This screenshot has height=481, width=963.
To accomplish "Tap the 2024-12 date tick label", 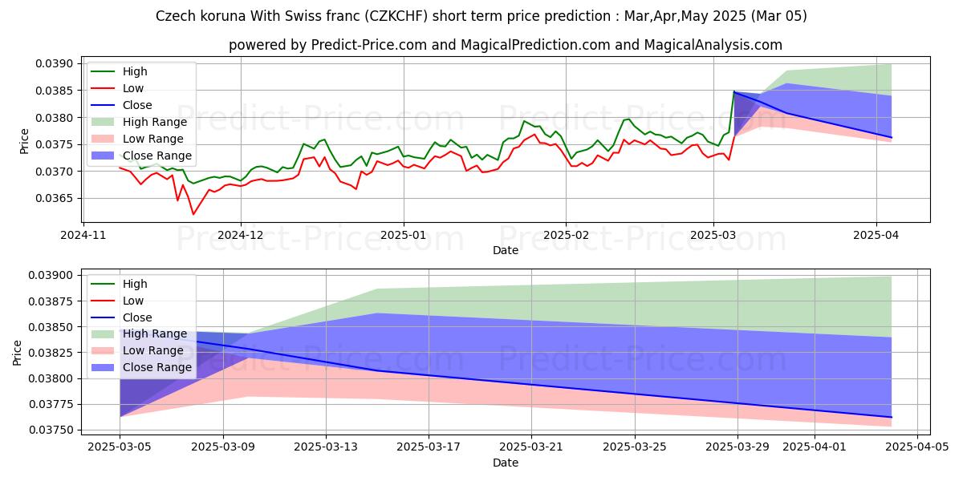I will [241, 235].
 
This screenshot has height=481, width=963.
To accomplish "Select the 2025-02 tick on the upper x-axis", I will [566, 235].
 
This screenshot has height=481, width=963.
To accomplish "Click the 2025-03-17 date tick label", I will [429, 447].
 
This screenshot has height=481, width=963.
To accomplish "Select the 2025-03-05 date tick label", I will [120, 447].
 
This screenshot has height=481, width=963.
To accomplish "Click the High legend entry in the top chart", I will [134, 71].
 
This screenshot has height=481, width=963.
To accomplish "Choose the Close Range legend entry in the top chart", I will [156, 156].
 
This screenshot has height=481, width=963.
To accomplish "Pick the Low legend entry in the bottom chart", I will [132, 301].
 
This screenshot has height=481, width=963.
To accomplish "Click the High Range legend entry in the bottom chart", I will [154, 334].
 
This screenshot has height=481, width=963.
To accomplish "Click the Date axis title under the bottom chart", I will [506, 463].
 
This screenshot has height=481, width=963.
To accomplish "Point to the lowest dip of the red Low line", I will [193, 214].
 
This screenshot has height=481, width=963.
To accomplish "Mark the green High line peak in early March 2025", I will [733, 91].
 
